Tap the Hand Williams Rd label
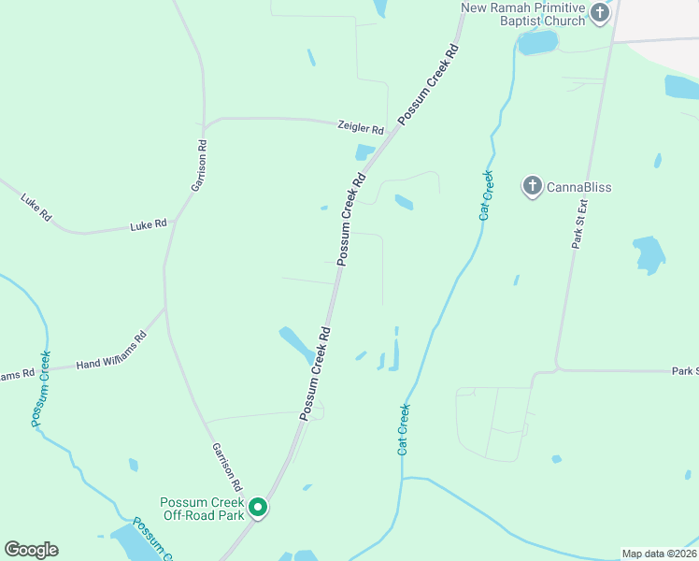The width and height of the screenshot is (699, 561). click(111, 351)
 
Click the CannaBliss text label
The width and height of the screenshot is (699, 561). click(579, 187)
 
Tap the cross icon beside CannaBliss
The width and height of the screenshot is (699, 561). click(533, 186)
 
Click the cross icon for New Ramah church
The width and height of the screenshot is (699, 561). click(600, 13)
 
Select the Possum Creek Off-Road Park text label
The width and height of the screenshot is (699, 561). click(202, 509)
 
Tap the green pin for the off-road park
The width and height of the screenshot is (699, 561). click(259, 508)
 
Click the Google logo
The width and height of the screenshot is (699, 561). click(31, 550)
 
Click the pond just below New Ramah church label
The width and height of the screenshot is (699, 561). click(537, 42)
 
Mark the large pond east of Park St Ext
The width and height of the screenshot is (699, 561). click(649, 253)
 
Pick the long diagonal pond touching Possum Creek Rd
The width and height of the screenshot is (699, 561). click(297, 345)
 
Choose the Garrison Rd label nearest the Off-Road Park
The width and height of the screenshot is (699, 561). click(226, 467)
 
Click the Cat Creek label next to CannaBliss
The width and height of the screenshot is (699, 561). click(486, 195)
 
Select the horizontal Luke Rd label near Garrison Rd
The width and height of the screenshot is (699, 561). click(148, 224)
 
